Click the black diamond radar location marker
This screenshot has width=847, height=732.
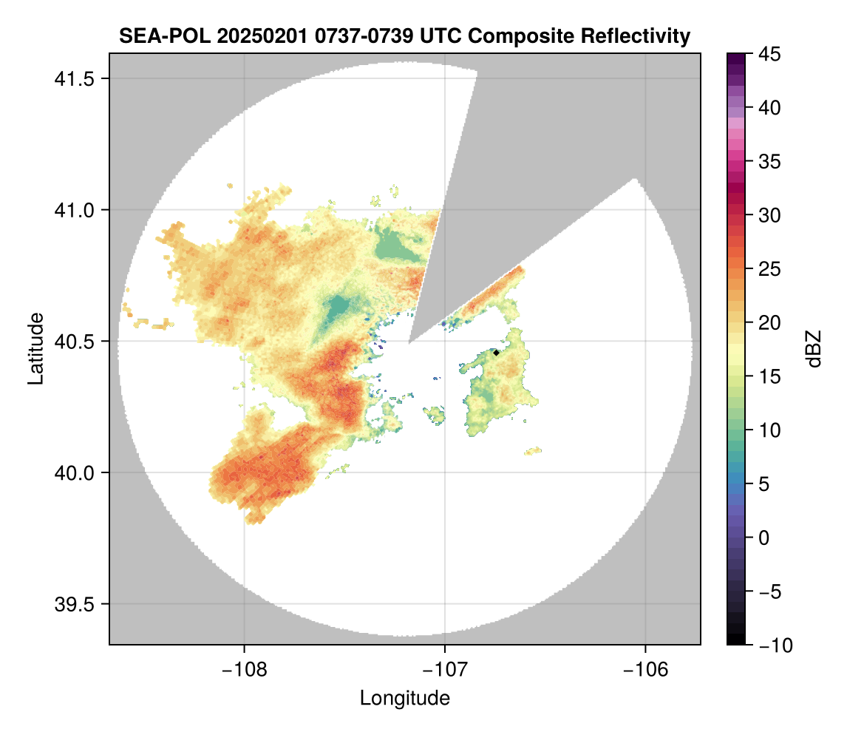[x=496, y=353]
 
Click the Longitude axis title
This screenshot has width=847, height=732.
[x=404, y=698]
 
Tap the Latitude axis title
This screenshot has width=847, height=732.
[x=35, y=348]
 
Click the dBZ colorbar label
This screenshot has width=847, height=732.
[x=814, y=348]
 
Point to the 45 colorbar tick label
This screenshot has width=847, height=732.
[x=770, y=54]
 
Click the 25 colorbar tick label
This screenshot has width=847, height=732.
[x=770, y=269]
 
